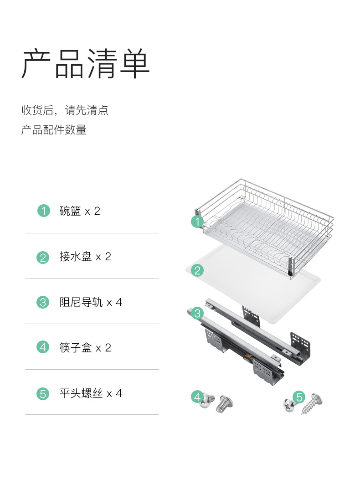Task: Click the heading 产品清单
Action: tap(86, 63)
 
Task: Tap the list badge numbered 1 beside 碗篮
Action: tap(44, 211)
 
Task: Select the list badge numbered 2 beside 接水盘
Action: tap(43, 257)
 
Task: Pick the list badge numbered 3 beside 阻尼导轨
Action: tap(43, 302)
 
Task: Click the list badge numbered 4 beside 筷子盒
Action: tap(43, 347)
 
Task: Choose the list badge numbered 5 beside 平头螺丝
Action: tap(43, 394)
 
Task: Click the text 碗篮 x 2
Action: tap(80, 211)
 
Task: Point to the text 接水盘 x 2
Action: tap(85, 257)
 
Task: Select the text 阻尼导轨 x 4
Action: tap(91, 302)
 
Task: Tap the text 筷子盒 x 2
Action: tap(85, 348)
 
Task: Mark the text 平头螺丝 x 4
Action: tap(91, 393)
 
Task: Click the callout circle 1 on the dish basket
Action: tap(197, 222)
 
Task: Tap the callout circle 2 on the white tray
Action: tap(197, 270)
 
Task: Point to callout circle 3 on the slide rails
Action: tap(197, 313)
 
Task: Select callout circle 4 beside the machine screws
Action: tap(197, 397)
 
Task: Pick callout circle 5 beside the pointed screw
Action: tap(299, 397)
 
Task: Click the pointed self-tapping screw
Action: tap(312, 403)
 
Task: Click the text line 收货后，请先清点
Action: tap(65, 110)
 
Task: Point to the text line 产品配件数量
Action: tap(54, 129)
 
